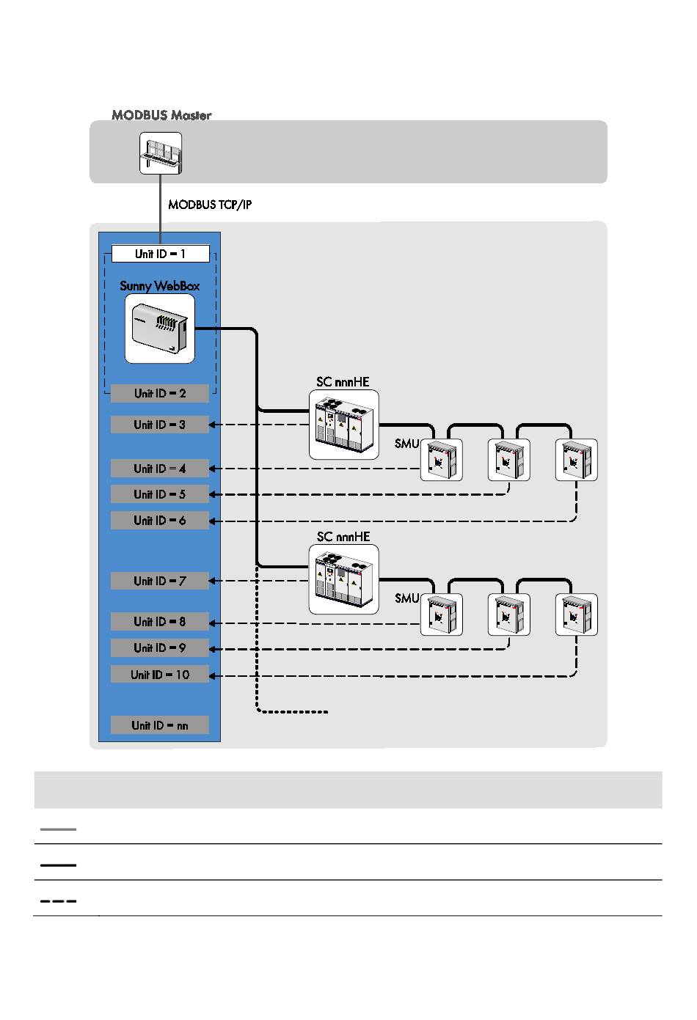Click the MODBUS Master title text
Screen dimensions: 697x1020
tap(161, 114)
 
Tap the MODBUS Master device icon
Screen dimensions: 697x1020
tap(161, 153)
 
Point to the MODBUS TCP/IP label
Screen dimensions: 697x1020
tap(210, 205)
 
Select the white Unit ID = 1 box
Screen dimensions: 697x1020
tap(161, 254)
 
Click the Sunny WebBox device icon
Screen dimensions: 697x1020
tap(160, 329)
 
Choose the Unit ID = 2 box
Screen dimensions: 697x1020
tap(160, 394)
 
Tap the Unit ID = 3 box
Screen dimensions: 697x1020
tap(160, 425)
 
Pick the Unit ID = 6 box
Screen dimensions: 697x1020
tap(160, 521)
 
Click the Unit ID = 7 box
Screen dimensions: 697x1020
tap(160, 581)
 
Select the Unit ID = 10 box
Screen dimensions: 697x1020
tap(160, 675)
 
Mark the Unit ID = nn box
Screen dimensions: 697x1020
tap(160, 725)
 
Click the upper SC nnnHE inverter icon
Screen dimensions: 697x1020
tap(344, 425)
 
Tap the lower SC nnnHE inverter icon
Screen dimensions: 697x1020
tap(344, 579)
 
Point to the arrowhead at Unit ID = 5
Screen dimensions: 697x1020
tap(213, 494)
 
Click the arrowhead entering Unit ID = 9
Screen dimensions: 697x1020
tap(213, 648)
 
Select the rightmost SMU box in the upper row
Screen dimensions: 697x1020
tap(576, 460)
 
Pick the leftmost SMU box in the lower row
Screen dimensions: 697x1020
tap(441, 614)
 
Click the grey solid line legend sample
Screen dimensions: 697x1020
tap(58, 829)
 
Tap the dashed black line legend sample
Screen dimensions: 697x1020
tap(58, 900)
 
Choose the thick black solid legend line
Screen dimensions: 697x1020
tap(58, 865)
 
